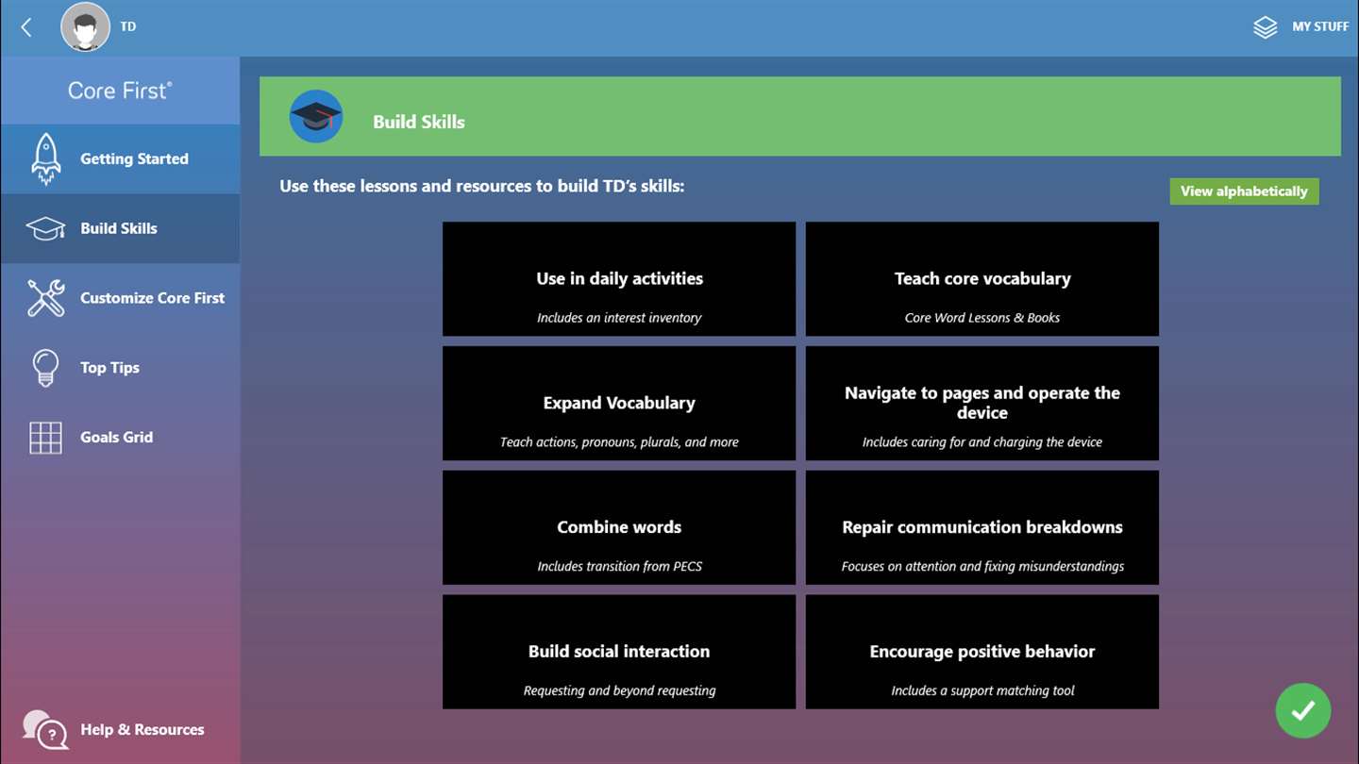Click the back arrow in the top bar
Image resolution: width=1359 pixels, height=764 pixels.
(x=26, y=26)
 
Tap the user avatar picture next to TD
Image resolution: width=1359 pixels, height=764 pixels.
(x=86, y=26)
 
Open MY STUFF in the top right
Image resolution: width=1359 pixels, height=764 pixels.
(x=1300, y=26)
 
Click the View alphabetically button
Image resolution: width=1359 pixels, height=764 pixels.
(x=1244, y=191)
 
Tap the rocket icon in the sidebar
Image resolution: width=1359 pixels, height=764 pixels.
(x=46, y=158)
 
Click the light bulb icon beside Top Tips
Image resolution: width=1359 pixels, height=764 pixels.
(x=45, y=368)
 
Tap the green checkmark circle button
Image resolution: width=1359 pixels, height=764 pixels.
(x=1303, y=710)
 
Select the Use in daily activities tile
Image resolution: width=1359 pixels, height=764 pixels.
(x=619, y=279)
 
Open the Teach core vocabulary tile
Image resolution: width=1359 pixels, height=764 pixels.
(x=982, y=279)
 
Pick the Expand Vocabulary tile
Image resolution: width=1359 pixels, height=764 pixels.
(x=619, y=404)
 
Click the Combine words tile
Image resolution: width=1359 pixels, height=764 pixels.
(x=619, y=527)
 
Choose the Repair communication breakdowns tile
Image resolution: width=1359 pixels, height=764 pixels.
(x=982, y=527)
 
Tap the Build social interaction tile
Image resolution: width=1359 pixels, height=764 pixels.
(x=619, y=652)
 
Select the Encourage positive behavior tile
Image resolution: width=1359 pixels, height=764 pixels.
(x=982, y=652)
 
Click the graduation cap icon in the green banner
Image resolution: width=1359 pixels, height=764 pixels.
(x=315, y=116)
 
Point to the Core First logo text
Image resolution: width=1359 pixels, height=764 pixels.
(x=120, y=91)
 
